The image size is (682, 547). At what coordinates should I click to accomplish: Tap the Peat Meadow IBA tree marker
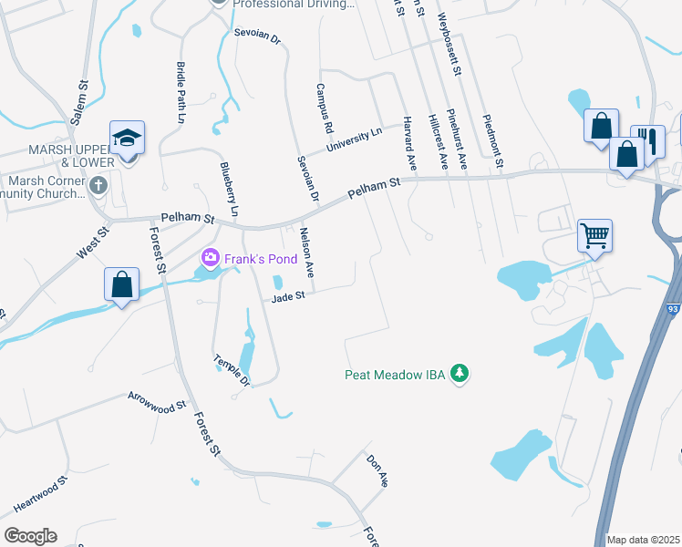point(461,374)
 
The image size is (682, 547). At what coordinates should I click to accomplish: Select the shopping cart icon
point(594,236)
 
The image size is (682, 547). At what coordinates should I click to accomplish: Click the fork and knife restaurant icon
point(647,139)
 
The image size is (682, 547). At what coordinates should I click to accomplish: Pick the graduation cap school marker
point(128,138)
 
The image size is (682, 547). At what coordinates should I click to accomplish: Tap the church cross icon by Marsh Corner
point(100,185)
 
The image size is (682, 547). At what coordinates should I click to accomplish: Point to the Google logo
point(30,535)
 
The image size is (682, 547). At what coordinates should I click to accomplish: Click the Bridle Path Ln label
point(180,92)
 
